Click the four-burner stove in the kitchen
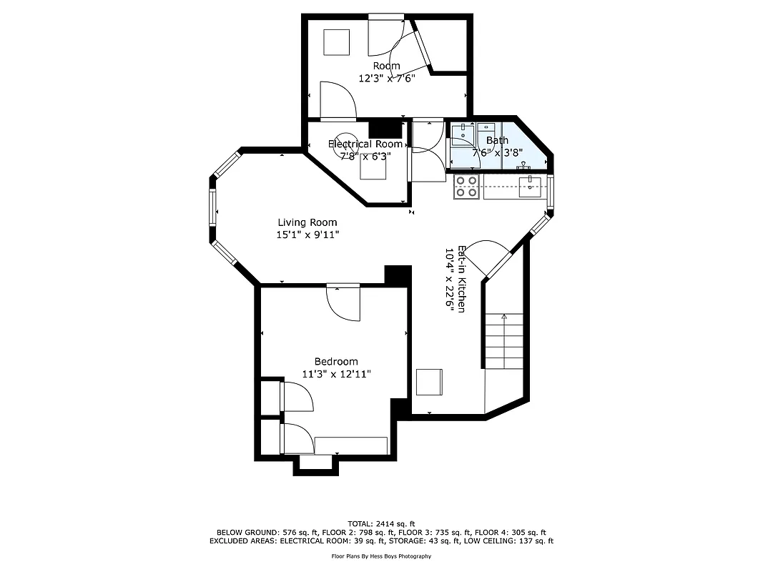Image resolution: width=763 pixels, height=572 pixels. pyautogui.click(x=467, y=187)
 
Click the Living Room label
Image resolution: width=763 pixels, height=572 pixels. pyautogui.click(x=307, y=222)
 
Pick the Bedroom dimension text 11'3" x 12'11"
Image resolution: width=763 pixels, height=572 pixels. pyautogui.click(x=336, y=373)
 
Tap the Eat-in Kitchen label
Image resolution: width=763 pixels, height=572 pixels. pyautogui.click(x=463, y=279)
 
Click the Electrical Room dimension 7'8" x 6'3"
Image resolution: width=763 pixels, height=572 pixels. pyautogui.click(x=365, y=156)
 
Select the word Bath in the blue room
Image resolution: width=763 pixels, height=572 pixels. pyautogui.click(x=497, y=141)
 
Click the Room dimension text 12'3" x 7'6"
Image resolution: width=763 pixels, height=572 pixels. pyautogui.click(x=386, y=77)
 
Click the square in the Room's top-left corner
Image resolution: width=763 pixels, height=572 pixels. pyautogui.click(x=335, y=42)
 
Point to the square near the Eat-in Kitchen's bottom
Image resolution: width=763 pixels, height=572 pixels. pyautogui.click(x=429, y=382)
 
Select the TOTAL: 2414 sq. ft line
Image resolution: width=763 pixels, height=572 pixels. pyautogui.click(x=381, y=523)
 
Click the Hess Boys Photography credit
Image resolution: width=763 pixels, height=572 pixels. pyautogui.click(x=381, y=556)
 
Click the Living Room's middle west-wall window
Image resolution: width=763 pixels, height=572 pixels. pyautogui.click(x=212, y=207)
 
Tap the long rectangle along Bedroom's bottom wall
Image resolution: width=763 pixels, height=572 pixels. pyautogui.click(x=351, y=445)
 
